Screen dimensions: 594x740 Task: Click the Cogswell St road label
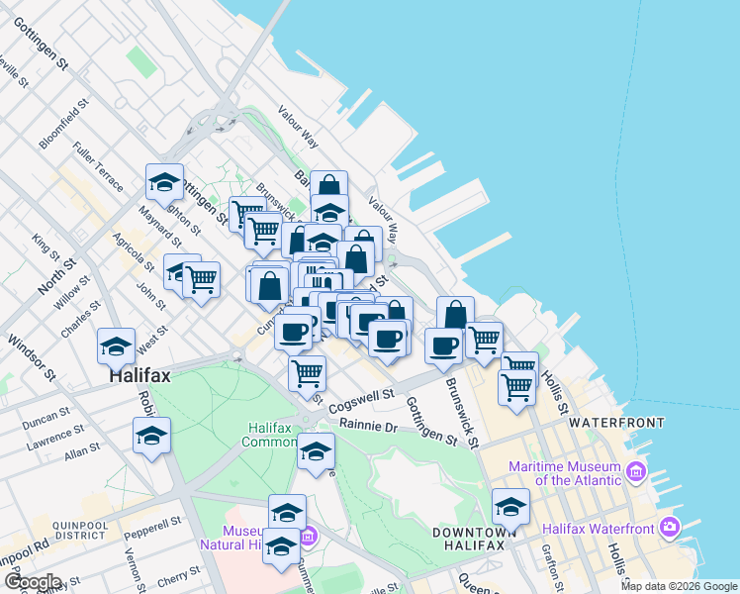click(361, 400)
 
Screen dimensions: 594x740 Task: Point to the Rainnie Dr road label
click(367, 427)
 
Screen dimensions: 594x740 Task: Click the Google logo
click(32, 582)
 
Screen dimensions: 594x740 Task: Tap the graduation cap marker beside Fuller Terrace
click(164, 182)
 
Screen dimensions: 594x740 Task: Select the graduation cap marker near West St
click(117, 347)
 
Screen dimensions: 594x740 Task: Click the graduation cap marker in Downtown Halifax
click(510, 508)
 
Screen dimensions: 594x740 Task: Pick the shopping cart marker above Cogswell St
click(308, 374)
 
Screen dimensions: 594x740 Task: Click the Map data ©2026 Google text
click(679, 586)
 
